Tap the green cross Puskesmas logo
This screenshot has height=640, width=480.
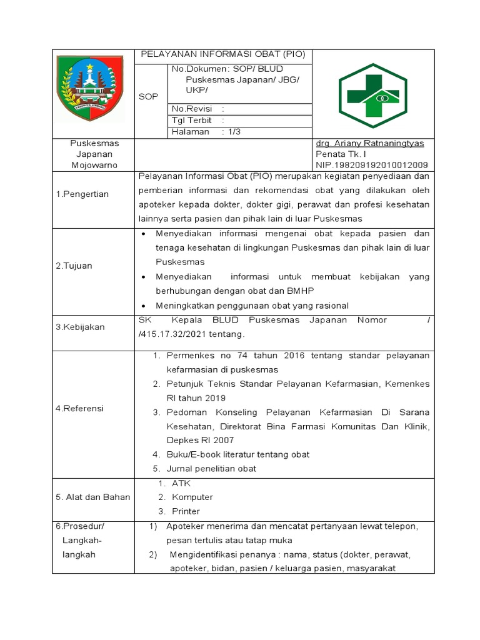pos(372,94)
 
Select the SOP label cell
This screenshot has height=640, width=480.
pos(149,97)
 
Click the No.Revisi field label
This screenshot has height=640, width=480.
pos(192,109)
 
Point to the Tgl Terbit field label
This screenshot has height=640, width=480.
pos(192,120)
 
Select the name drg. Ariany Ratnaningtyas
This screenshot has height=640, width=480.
pos(370,143)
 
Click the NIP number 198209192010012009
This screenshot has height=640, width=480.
pos(372,164)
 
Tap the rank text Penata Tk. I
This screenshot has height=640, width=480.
pos(341,154)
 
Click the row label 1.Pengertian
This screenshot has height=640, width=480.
pos(82,194)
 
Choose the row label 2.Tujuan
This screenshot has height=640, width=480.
pos(74,266)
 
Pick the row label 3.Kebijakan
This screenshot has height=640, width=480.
pos(80,327)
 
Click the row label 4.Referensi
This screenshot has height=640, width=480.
pos(80,409)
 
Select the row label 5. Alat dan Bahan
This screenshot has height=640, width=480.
pos(92,497)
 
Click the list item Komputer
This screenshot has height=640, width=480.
pos(192,497)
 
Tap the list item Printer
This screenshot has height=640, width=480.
pos(186,511)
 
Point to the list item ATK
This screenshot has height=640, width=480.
pos(181,483)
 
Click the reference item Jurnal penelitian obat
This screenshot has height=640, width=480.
pos(211,469)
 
